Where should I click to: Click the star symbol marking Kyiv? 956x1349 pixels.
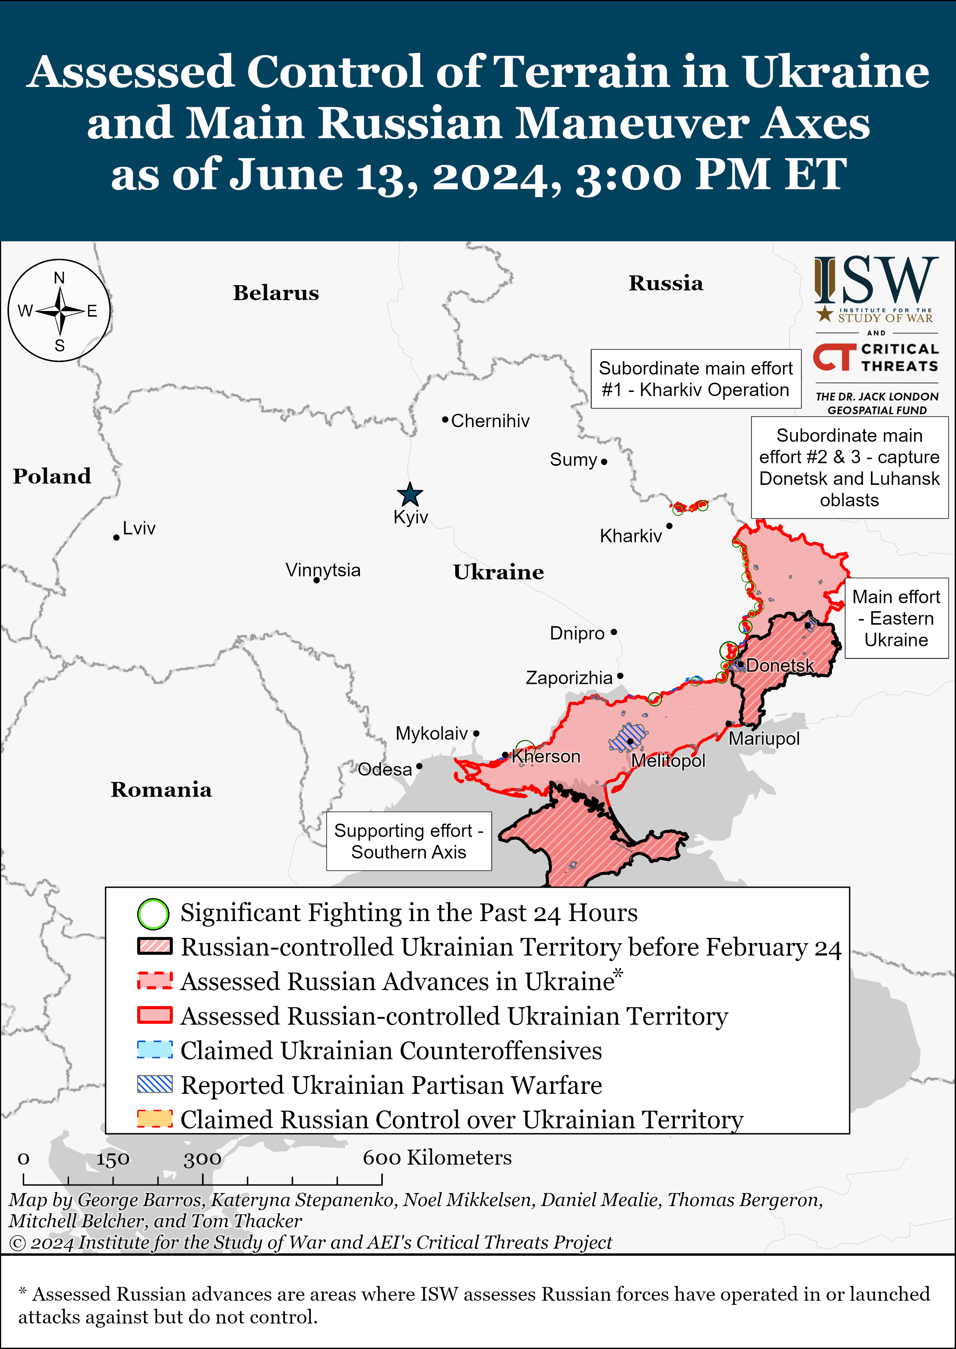point(410,495)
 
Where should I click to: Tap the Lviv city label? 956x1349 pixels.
point(139,528)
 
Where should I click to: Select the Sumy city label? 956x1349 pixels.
point(573,459)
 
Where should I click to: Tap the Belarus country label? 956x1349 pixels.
point(276,293)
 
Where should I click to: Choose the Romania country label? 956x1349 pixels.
point(161,790)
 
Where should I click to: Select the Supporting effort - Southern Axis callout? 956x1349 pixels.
point(409,841)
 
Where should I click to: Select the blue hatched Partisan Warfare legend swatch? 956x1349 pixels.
point(155,1084)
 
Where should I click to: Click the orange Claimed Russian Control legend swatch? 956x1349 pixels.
point(155,1119)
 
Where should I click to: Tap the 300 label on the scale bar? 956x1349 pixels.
point(202,1159)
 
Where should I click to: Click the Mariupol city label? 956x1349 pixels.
point(764,739)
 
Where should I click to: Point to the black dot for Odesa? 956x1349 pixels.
point(419,766)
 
